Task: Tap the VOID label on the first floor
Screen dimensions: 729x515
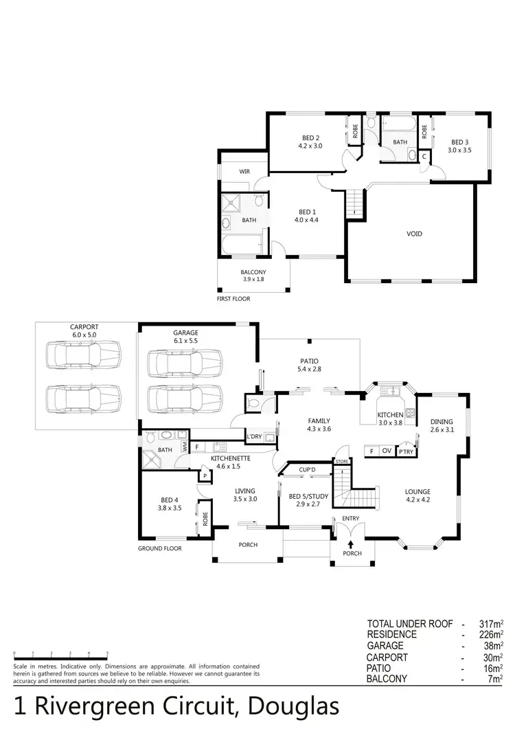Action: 414,234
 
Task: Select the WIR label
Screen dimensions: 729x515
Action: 244,171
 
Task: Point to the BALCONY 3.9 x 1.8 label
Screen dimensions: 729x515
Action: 253,276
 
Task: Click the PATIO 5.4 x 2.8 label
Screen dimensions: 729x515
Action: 310,365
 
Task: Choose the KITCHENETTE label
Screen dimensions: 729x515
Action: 230,461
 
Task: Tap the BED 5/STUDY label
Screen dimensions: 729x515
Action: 305,500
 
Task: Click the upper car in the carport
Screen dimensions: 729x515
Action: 82,357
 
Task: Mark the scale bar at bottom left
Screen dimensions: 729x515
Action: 60,653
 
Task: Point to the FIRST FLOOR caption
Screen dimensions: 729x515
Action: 233,299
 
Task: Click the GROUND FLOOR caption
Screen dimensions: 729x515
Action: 159,548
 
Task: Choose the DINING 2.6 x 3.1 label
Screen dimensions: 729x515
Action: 443,426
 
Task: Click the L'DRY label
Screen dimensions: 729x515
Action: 254,436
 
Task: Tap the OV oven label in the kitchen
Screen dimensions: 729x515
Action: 387,451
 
